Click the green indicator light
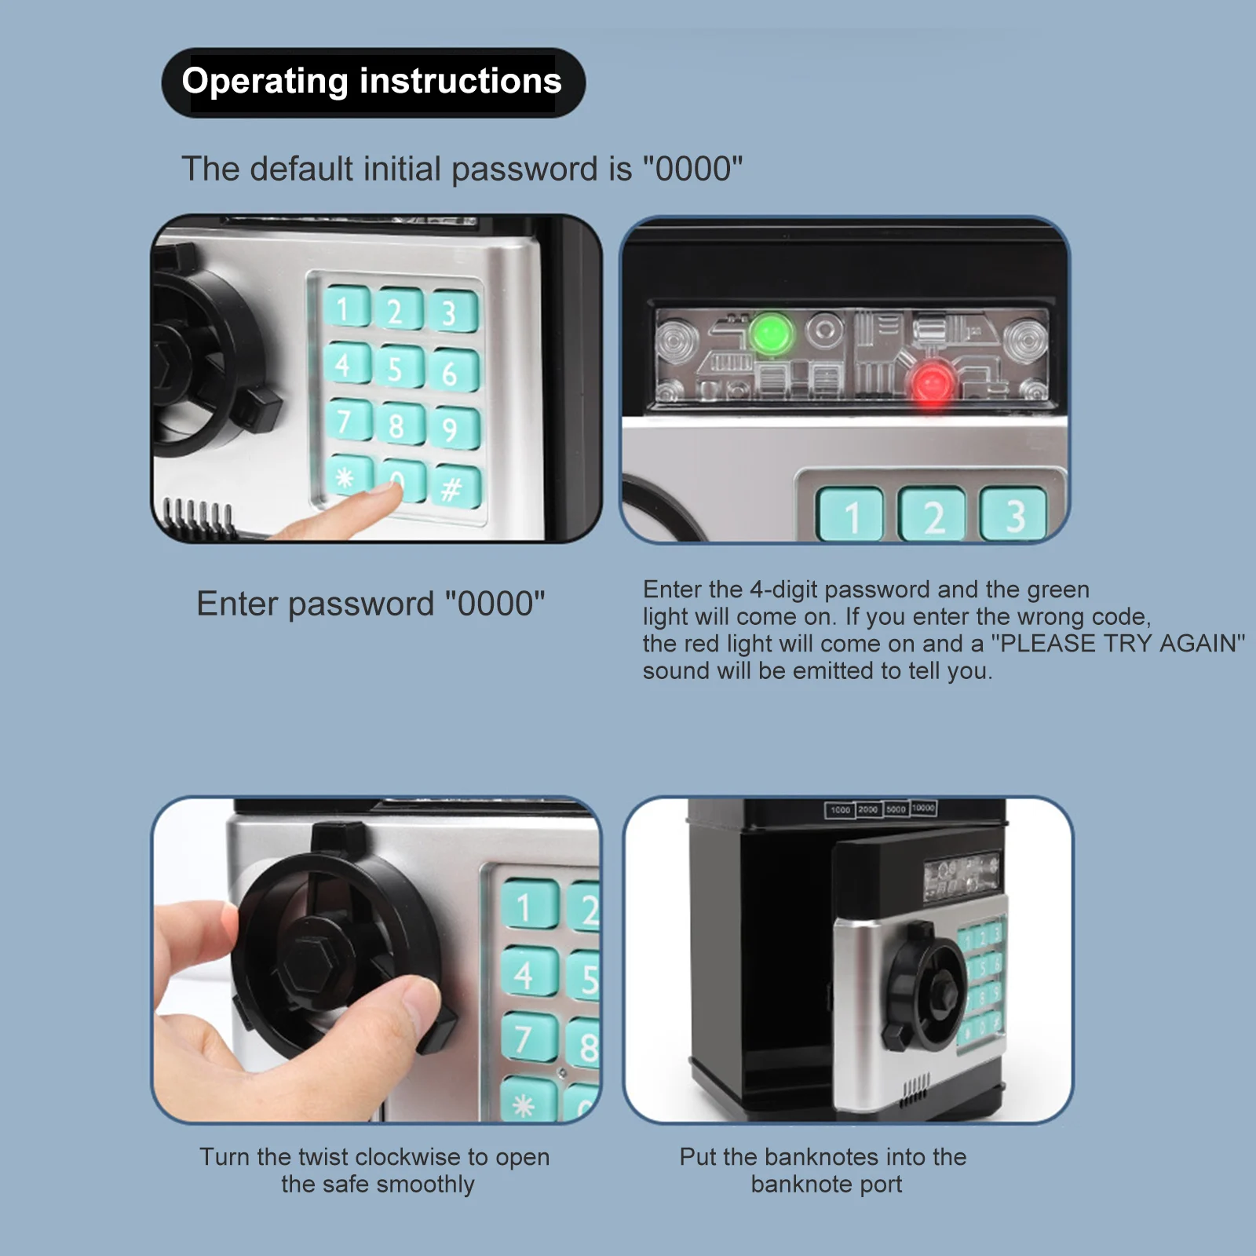771,333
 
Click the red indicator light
932,385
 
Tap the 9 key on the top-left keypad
451,429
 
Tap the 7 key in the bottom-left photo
524,1038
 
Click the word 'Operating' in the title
265,82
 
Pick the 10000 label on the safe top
923,808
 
